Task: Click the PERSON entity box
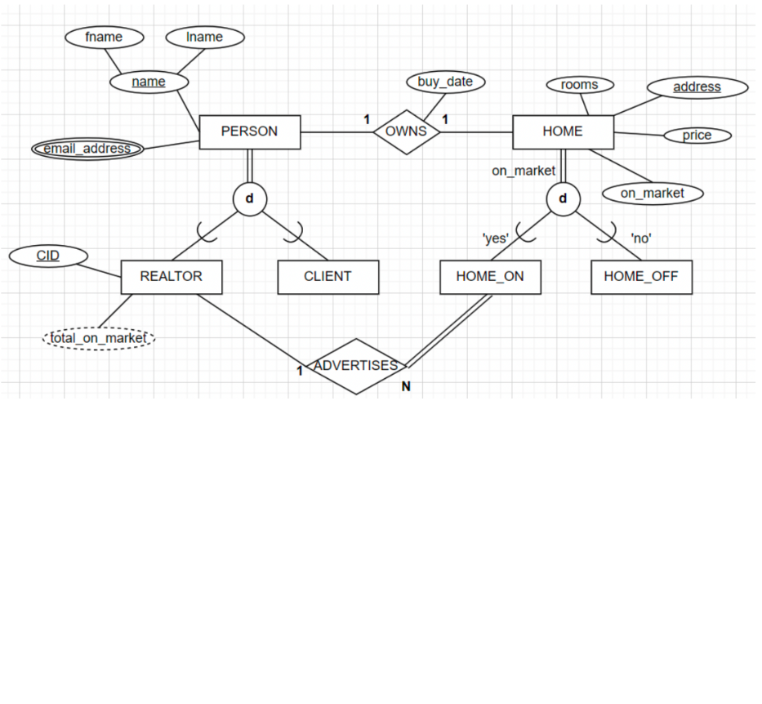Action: (249, 131)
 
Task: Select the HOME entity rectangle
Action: (563, 131)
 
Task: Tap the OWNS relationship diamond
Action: (406, 131)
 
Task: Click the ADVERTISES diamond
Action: (355, 366)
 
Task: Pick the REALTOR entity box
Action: (171, 277)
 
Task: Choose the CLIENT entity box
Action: (328, 277)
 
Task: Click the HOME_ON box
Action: (490, 277)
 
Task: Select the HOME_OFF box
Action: (641, 277)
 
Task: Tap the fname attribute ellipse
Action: (104, 37)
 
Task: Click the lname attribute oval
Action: (204, 37)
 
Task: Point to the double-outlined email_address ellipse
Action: (87, 149)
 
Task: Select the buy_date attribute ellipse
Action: (445, 82)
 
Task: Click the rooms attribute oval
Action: (579, 85)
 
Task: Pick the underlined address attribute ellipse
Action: (697, 87)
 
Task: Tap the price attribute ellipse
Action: (697, 136)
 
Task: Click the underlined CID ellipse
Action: (48, 256)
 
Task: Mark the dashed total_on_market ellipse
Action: (98, 338)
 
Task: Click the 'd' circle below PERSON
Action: (249, 199)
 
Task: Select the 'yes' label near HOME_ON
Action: (496, 238)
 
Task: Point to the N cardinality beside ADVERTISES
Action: (406, 387)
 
